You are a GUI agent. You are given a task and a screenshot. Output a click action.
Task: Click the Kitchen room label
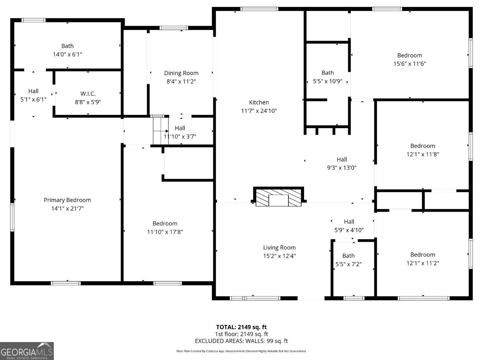coord(259,102)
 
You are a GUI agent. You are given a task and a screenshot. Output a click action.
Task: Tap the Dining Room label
coord(181,73)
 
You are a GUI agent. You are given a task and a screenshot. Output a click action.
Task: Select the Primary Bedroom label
coord(67,200)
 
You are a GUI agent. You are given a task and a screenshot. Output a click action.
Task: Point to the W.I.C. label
coord(88,94)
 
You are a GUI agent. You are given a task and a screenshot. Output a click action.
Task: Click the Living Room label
coord(280,248)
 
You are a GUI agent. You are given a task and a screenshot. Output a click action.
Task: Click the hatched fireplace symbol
coord(278,197)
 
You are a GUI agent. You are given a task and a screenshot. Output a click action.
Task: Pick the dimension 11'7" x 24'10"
coord(259,111)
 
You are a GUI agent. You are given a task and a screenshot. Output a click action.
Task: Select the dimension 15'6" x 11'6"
coord(409,64)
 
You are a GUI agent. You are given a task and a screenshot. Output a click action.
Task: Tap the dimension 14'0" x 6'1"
coord(67,54)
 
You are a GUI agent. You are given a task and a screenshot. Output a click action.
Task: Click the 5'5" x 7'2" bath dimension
coord(348,264)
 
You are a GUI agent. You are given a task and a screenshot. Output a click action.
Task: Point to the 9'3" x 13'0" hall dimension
coord(342,168)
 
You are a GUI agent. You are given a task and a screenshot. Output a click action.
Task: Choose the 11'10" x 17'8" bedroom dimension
coord(165,232)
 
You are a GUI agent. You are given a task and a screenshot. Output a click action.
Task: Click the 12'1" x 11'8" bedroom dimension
coord(423,155)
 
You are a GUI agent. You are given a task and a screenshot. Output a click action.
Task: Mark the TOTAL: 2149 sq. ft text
coord(241,327)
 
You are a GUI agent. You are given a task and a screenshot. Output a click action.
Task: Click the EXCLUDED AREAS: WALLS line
coord(241,341)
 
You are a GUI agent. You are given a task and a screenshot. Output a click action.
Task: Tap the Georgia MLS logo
coord(27,351)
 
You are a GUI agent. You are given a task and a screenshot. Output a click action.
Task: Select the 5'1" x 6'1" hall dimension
coord(33,100)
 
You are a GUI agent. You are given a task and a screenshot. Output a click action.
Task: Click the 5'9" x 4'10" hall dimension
coord(349,230)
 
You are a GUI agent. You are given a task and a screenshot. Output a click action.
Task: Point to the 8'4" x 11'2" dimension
coord(181,82)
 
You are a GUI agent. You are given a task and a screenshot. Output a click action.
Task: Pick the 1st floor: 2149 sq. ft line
coord(241,334)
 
